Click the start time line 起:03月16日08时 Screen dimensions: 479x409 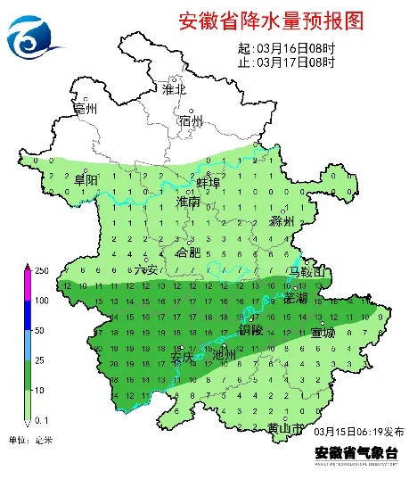(286, 48)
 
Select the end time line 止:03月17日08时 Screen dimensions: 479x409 (286, 62)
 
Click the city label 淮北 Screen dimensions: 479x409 (174, 89)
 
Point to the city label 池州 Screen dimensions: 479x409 (225, 355)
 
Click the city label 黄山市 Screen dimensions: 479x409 (285, 429)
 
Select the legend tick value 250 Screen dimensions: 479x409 (41, 270)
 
